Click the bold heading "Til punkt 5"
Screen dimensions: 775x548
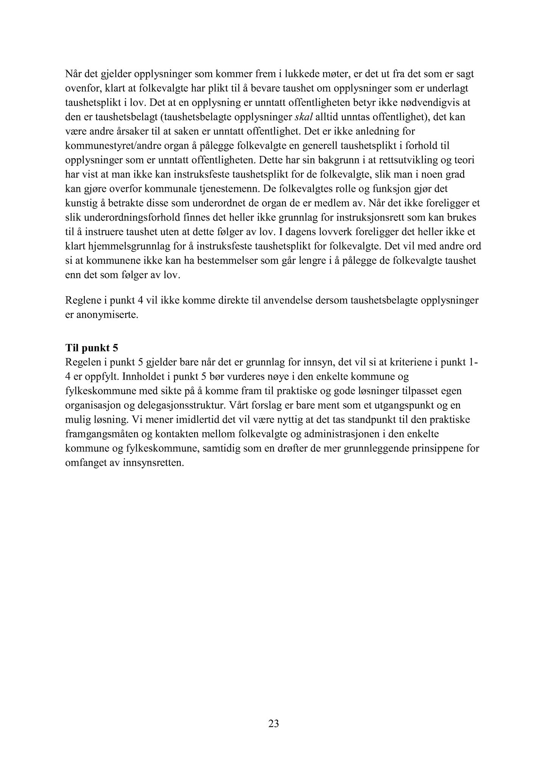92,348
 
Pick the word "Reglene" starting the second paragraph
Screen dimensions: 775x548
81,300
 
